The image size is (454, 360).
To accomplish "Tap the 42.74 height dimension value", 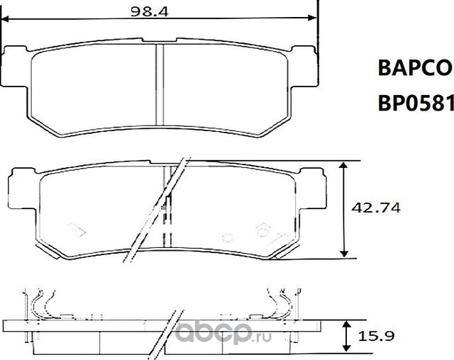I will pyautogui.click(x=376, y=208).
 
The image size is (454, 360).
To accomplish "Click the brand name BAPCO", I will pyautogui.click(x=413, y=68).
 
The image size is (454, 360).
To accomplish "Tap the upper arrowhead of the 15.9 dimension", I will pyautogui.click(x=345, y=322).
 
